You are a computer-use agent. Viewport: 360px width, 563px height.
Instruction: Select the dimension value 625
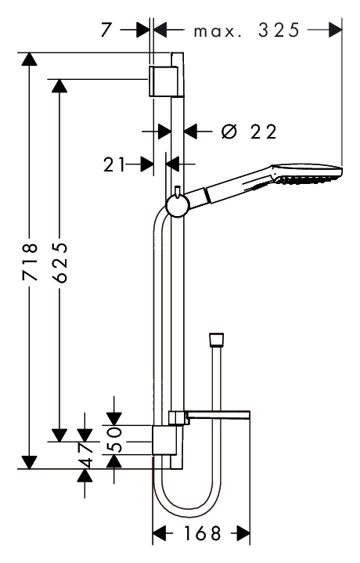59,262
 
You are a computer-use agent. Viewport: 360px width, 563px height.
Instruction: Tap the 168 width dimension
203,533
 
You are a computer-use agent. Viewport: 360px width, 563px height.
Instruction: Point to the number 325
279,30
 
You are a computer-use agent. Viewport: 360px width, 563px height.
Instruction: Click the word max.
217,31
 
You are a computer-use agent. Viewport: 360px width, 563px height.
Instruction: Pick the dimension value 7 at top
106,30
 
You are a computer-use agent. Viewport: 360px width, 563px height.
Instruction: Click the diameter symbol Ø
229,132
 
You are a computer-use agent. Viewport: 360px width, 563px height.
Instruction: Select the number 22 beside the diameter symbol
264,132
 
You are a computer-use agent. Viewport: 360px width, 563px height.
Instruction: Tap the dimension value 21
114,164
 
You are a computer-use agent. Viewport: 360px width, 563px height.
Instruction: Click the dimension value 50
114,439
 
